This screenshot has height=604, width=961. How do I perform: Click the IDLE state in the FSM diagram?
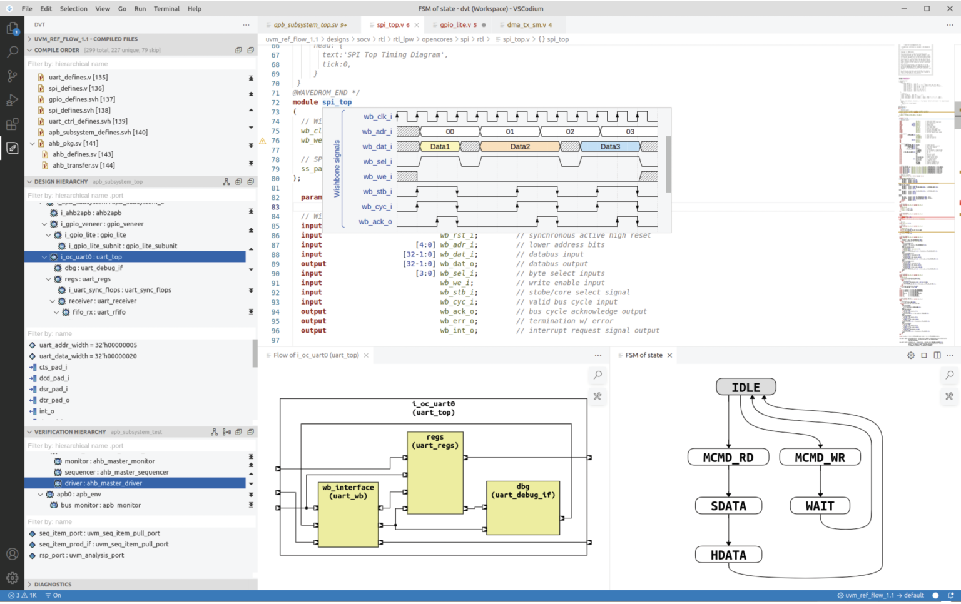[x=746, y=387]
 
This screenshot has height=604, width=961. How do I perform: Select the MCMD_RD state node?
[x=728, y=457]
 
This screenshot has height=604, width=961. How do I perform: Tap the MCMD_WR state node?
[x=820, y=457]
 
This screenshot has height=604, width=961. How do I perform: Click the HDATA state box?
[x=728, y=555]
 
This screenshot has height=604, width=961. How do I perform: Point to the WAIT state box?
[x=820, y=506]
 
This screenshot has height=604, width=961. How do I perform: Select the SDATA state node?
[x=728, y=506]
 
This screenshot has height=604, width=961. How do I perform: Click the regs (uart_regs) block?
[x=435, y=472]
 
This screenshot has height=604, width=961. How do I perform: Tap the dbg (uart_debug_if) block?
[x=522, y=508]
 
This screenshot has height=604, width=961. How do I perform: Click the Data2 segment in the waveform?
[x=519, y=147]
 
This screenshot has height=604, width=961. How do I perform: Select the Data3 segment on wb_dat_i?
[x=610, y=147]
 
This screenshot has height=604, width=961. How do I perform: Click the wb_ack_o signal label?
[x=375, y=222]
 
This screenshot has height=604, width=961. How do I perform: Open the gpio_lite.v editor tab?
[x=455, y=25]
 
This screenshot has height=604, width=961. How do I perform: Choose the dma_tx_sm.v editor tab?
[x=526, y=25]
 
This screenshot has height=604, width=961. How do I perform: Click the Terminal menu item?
[x=166, y=9]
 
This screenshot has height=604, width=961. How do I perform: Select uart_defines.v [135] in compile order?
[x=78, y=78]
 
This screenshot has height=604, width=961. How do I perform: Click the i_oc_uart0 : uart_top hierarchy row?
[x=91, y=257]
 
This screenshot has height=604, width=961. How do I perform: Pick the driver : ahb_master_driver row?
[x=103, y=483]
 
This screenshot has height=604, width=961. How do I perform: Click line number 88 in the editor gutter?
[x=275, y=254]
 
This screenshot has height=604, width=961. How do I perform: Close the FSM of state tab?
[x=669, y=355]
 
